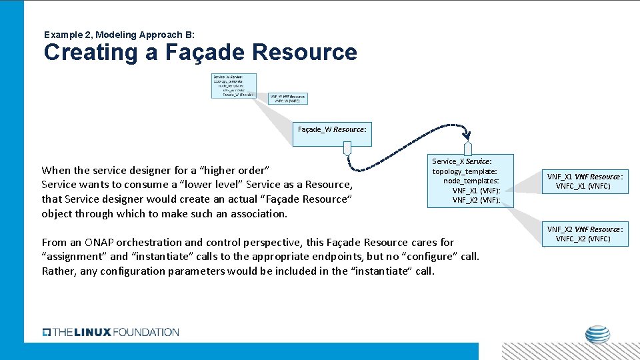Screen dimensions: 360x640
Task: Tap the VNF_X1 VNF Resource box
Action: click(x=584, y=181)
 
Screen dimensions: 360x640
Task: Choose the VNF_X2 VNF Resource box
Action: click(x=584, y=234)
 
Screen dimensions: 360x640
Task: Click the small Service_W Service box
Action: click(x=233, y=86)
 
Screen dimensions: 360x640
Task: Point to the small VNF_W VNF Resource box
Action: click(x=288, y=99)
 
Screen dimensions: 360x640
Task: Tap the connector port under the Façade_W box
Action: click(x=347, y=149)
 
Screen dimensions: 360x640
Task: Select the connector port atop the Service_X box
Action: click(x=467, y=149)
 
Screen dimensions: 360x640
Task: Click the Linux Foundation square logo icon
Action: click(x=46, y=332)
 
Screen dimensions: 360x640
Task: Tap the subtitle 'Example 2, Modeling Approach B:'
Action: click(x=119, y=34)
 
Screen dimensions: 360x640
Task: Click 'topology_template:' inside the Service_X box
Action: click(x=465, y=172)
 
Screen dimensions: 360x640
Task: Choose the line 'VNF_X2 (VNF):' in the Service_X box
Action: click(x=476, y=200)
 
